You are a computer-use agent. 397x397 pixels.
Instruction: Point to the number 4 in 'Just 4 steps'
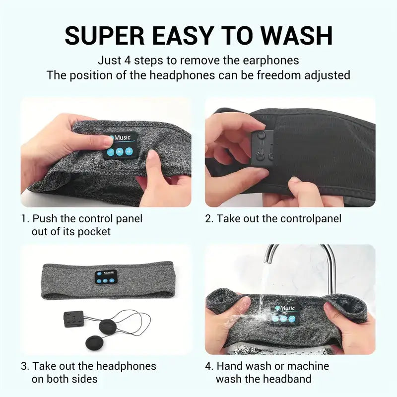coord(128,61)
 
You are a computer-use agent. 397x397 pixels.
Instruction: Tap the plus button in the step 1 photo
coord(129,151)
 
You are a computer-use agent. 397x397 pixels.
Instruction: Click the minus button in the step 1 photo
coord(111,152)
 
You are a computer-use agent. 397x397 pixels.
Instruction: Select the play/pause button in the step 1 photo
coord(120,152)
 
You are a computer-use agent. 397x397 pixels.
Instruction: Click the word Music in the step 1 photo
coord(122,138)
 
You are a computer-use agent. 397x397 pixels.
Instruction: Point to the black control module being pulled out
coord(263,147)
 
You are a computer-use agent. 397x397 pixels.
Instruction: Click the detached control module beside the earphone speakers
coord(73,319)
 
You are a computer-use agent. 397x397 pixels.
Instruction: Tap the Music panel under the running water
coord(285,315)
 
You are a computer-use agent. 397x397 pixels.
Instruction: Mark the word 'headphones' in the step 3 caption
coord(126,366)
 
